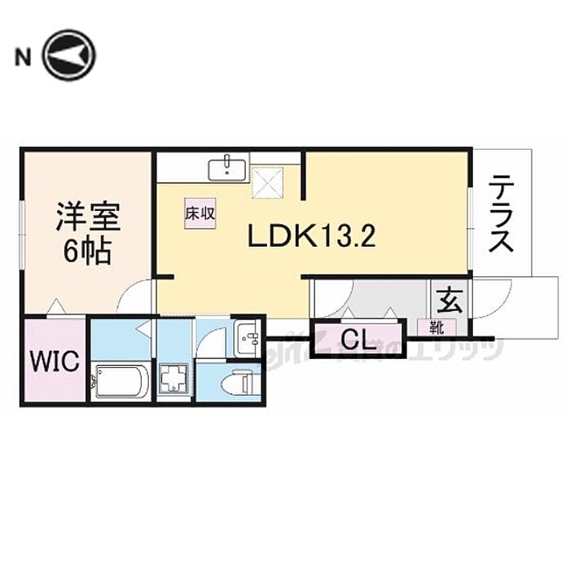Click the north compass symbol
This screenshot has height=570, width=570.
pyautogui.click(x=69, y=55)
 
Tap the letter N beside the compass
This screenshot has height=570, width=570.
pyautogui.click(x=23, y=57)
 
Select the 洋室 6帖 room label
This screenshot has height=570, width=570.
pyautogui.click(x=88, y=233)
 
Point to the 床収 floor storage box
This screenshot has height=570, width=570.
pyautogui.click(x=199, y=214)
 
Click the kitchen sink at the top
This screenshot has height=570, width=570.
pyautogui.click(x=229, y=169)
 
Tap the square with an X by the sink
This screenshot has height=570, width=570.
pyautogui.click(x=266, y=179)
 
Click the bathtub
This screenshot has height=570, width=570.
pyautogui.click(x=120, y=381)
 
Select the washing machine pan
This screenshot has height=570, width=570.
pyautogui.click(x=174, y=379)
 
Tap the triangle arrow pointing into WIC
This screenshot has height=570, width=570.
pyautogui.click(x=55, y=307)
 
